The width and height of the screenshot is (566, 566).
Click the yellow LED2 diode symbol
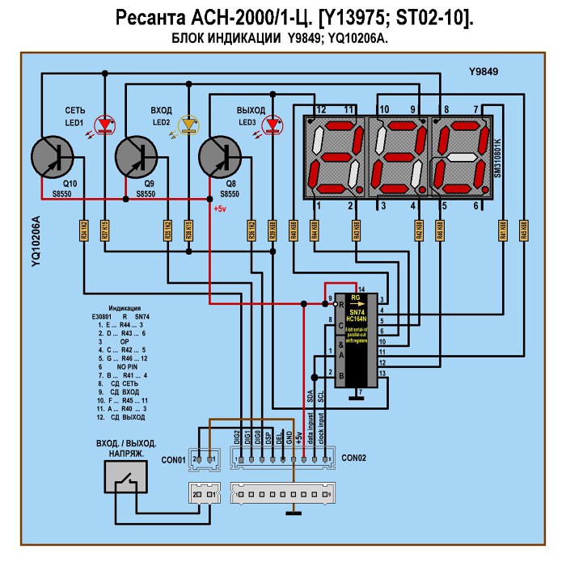click(190, 124)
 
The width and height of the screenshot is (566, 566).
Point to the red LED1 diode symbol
click(104, 124)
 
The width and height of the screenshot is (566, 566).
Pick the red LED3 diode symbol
click(272, 124)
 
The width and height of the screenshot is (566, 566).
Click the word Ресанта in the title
click(151, 18)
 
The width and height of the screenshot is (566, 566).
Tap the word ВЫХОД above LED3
click(251, 109)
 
